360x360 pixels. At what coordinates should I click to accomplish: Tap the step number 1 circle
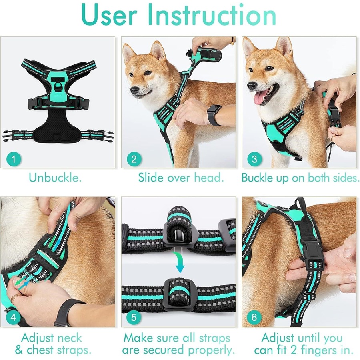14,160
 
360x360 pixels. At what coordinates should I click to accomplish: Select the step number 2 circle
134,160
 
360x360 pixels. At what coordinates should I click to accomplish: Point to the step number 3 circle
254,160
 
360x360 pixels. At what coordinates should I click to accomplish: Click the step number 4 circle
14,318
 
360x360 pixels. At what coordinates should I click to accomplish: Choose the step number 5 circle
134,318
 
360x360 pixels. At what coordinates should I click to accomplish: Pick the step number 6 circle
254,318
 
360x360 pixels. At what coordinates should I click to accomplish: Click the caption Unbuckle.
55,178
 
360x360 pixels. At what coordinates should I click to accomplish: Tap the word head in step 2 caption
209,178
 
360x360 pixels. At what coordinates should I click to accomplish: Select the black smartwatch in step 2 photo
214,115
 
